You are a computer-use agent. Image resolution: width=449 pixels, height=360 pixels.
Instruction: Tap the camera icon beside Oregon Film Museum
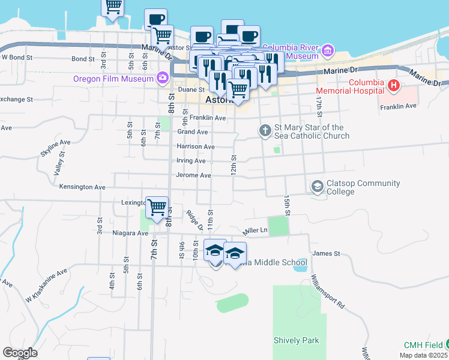tap(162, 78)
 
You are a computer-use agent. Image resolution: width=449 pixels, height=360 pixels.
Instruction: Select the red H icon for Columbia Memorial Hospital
tap(394, 86)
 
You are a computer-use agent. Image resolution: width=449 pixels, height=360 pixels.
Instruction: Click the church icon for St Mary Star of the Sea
tap(265, 130)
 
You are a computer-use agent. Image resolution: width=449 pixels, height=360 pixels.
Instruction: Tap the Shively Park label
tap(296, 341)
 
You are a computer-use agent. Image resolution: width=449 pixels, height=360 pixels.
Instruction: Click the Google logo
tap(20, 353)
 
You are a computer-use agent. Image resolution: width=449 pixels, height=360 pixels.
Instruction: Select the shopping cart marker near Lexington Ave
tap(157, 208)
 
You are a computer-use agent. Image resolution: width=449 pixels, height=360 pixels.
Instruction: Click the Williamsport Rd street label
tap(327, 292)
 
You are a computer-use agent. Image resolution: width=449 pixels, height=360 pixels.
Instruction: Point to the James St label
tap(327, 254)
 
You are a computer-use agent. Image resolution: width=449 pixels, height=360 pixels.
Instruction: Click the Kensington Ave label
tap(82, 187)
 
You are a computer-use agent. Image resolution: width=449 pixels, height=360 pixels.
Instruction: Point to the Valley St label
tap(59, 164)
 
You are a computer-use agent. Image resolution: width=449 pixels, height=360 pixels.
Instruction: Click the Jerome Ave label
tap(193, 175)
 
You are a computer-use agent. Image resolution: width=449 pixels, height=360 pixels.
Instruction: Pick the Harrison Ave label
tap(195, 146)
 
